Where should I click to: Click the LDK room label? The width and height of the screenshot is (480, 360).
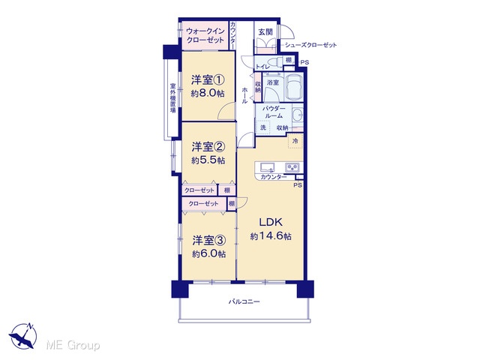271,222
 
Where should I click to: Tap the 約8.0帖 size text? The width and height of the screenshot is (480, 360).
208,93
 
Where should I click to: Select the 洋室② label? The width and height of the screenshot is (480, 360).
208,147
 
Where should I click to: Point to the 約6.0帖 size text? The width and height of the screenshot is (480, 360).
209,253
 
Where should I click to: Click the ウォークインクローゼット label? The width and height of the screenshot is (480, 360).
205,35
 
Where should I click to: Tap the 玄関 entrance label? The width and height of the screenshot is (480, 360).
265,31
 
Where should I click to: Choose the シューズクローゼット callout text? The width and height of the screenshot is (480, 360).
310,45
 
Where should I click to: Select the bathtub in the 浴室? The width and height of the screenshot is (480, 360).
294,87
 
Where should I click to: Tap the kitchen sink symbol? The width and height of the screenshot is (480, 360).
267,168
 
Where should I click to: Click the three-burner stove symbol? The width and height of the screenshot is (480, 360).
292,168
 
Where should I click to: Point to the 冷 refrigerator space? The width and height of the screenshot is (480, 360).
295,141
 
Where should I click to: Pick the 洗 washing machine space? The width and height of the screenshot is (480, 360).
263,127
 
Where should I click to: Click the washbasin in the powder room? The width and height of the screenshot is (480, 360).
297,116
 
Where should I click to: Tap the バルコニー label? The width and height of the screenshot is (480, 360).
244,301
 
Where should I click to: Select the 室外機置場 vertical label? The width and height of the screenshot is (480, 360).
173,98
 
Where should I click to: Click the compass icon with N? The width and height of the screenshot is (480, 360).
22,335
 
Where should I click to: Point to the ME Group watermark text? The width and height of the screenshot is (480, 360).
73,345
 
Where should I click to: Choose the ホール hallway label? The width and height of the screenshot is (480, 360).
244,95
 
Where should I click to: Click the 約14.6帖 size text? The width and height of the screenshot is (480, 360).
271,236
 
